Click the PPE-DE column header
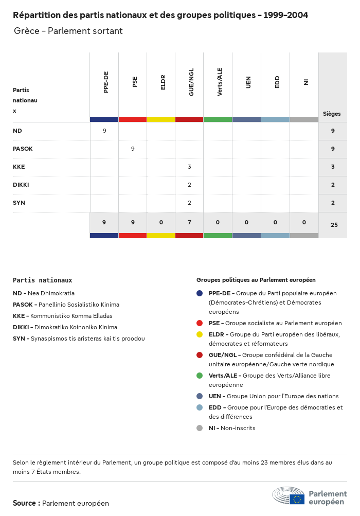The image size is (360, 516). (x=106, y=82)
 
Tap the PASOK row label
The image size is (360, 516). (x=23, y=149)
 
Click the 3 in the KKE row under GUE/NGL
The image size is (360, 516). (x=189, y=167)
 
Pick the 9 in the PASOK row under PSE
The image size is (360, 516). (x=133, y=149)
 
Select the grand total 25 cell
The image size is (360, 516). (x=334, y=225)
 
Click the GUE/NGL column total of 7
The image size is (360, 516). (x=189, y=222)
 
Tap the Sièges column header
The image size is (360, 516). (x=332, y=114)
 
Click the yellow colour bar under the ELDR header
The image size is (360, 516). (x=161, y=119)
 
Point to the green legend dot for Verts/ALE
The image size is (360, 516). (x=200, y=376)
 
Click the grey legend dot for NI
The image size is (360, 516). (x=200, y=428)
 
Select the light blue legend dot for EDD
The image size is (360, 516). (x=200, y=407)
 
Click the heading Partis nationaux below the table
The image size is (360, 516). (x=43, y=280)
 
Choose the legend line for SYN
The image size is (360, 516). (x=79, y=339)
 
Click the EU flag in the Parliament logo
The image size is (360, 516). (x=297, y=499)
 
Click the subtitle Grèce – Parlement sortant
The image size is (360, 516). (x=68, y=31)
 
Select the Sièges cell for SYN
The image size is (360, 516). (x=333, y=203)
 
